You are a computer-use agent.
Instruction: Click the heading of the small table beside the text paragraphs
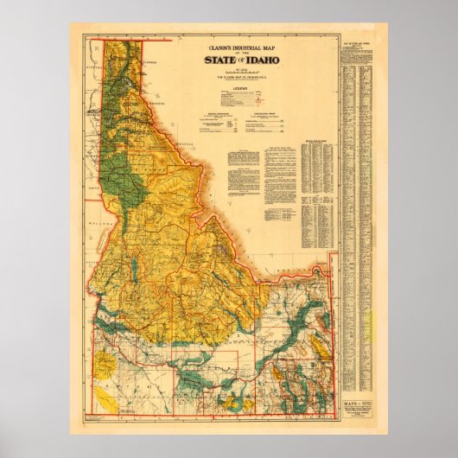315,137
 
